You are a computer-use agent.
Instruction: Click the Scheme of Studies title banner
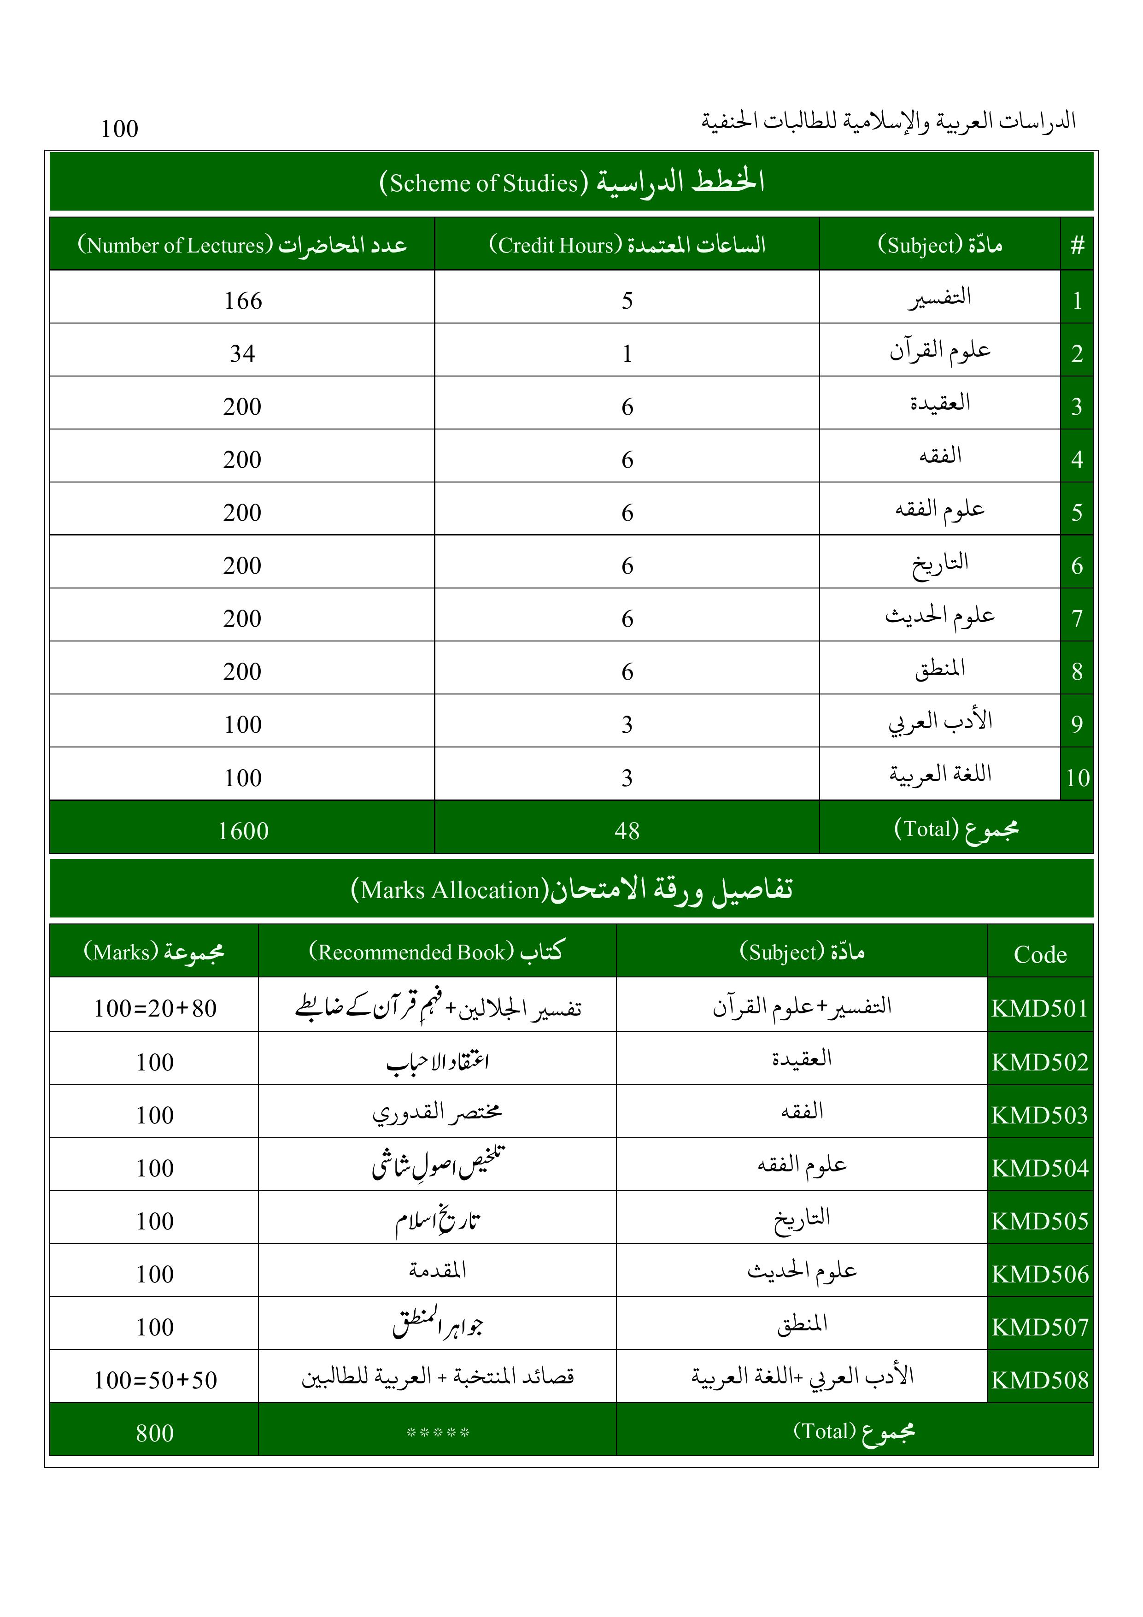(x=571, y=182)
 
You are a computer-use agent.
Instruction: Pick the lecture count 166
(x=243, y=301)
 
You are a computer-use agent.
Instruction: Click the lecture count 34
(x=242, y=353)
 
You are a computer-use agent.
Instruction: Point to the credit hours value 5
(x=627, y=301)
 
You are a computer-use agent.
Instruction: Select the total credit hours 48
(x=627, y=831)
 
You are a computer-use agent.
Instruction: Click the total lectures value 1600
(x=243, y=831)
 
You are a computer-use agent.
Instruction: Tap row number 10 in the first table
(x=1077, y=777)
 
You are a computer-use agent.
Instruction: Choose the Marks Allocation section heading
(x=571, y=889)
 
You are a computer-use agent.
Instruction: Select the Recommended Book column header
(x=437, y=952)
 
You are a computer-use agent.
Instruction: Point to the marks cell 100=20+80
(x=155, y=1009)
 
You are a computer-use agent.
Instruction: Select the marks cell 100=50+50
(x=155, y=1380)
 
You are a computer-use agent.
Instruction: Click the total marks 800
(x=155, y=1433)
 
